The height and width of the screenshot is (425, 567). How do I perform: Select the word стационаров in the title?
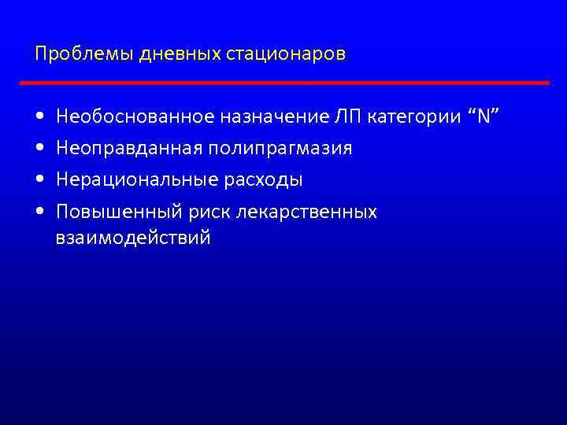pyautogui.click(x=286, y=55)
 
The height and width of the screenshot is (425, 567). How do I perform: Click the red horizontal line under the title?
pyautogui.click(x=283, y=82)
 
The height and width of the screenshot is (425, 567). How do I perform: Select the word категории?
pyautogui.click(x=415, y=117)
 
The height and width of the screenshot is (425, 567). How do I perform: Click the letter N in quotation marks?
pyautogui.click(x=484, y=117)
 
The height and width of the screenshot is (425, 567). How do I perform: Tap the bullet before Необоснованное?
pyautogui.click(x=40, y=118)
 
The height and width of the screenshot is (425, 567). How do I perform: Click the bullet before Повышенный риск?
pyautogui.click(x=40, y=213)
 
